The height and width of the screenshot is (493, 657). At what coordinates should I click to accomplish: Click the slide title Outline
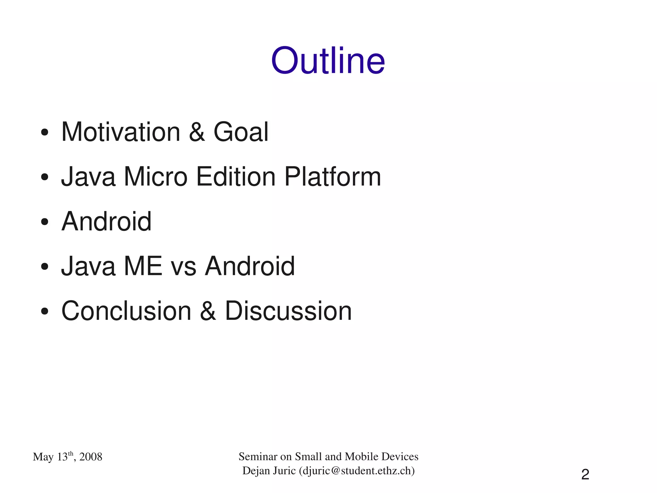(x=328, y=61)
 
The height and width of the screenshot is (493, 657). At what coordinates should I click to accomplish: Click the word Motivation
(x=121, y=132)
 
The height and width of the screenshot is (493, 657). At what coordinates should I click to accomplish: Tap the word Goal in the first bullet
(x=241, y=132)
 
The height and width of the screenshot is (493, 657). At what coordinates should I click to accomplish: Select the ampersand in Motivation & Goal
(x=197, y=132)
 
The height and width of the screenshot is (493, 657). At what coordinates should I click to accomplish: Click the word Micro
(x=156, y=177)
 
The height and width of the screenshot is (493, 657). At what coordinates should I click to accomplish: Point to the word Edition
(x=236, y=177)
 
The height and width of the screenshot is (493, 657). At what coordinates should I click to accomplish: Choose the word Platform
(x=333, y=177)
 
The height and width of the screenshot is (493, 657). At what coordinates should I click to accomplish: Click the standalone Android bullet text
(x=106, y=221)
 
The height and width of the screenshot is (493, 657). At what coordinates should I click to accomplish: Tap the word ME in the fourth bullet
(x=143, y=266)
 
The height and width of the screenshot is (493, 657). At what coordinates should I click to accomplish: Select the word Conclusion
(x=126, y=311)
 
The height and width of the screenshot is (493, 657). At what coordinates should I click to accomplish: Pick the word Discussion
(x=288, y=311)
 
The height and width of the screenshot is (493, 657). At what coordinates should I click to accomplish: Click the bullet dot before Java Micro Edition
(x=45, y=177)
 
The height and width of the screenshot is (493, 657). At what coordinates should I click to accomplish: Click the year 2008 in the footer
(x=91, y=457)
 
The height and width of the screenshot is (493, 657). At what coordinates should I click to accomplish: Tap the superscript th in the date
(x=71, y=453)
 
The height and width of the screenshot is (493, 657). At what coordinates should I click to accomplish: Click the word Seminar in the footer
(x=258, y=456)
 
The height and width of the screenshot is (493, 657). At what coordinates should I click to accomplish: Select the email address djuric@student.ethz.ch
(x=357, y=471)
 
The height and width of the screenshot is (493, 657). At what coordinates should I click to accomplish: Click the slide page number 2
(x=585, y=474)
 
